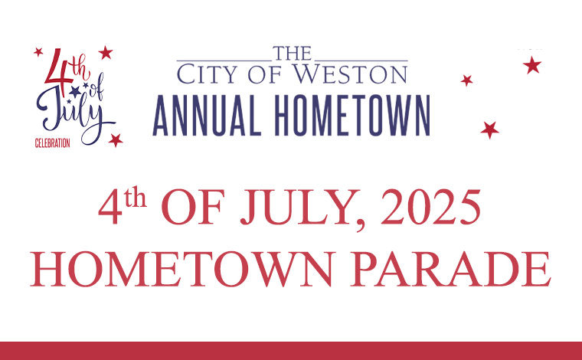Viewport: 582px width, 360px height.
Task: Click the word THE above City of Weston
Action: (x=292, y=54)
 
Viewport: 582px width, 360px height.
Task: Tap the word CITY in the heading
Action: (x=207, y=74)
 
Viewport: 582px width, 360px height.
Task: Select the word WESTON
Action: (x=350, y=74)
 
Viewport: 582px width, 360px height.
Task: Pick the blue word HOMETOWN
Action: (x=352, y=116)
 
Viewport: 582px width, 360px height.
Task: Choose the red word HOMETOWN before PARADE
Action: (x=181, y=269)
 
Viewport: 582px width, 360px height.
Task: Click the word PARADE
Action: (x=450, y=269)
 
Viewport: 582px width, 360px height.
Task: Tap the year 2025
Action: (x=430, y=207)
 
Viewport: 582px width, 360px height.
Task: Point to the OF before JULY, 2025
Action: (x=193, y=207)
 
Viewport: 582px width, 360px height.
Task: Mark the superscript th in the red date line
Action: (x=135, y=197)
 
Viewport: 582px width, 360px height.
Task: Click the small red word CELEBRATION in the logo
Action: (x=52, y=143)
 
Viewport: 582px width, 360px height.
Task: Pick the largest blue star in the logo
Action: (x=75, y=91)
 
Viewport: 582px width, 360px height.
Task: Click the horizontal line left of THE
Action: (x=224, y=60)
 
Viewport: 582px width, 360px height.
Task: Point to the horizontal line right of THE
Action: (x=361, y=60)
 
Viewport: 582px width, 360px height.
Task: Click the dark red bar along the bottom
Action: (x=291, y=351)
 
